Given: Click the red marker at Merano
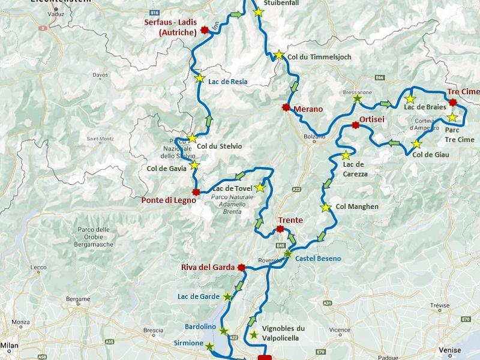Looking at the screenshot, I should click(x=286, y=107).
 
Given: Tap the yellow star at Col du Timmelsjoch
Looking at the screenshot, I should click(x=278, y=55).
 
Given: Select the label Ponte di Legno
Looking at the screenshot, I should click(x=169, y=200).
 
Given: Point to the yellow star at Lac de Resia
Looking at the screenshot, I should click(x=200, y=77).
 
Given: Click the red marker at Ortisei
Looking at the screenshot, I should click(x=355, y=125).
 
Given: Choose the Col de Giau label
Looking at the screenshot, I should click(x=431, y=154).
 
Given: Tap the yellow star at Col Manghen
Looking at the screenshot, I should click(x=326, y=208).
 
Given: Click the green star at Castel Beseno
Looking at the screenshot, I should click(x=288, y=254).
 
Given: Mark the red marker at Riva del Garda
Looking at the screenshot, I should click(x=241, y=268).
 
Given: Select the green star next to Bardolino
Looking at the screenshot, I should click(x=224, y=331).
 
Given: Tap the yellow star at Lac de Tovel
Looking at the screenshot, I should click(x=260, y=188).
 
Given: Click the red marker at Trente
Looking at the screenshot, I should click(x=280, y=229).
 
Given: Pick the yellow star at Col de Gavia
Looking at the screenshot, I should click(x=194, y=164).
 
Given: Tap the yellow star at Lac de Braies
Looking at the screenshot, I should click(x=410, y=98).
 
